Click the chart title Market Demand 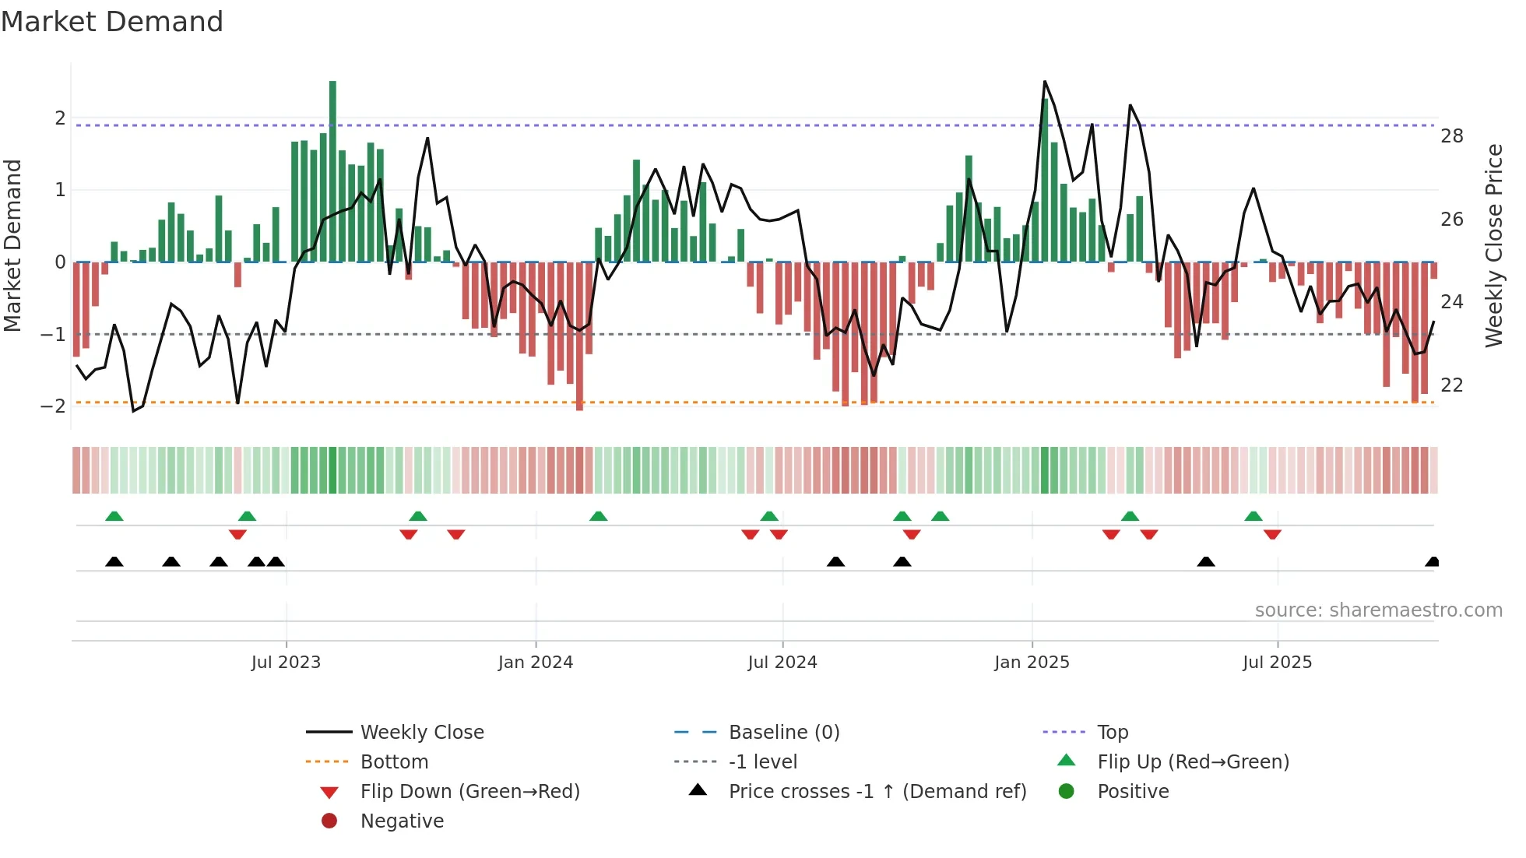point(112,22)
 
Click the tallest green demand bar point(332,171)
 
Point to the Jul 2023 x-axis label point(286,663)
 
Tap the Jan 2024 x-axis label point(536,663)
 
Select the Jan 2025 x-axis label point(1032,663)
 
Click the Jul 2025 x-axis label point(1277,663)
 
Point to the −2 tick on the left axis point(54,406)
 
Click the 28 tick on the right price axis point(1451,136)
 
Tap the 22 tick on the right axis point(1451,385)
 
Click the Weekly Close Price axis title point(1493,245)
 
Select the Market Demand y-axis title point(13,245)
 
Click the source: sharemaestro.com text point(1378,610)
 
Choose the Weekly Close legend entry point(421,733)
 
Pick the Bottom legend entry point(394,762)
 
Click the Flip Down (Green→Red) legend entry point(469,792)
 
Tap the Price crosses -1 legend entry point(877,792)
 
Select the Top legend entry point(1113,733)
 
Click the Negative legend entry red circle point(329,821)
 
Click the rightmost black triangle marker point(1432,562)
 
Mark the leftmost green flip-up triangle point(114,516)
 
